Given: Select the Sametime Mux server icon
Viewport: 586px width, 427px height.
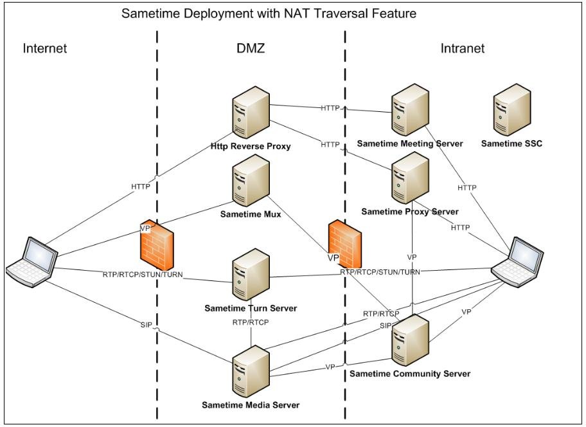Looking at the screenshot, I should coord(251,181).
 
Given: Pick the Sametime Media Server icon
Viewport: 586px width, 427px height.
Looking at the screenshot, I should coord(251,372).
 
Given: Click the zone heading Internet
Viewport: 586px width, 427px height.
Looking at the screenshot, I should coord(45,48).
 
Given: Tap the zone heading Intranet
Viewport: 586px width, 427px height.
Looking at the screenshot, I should coord(463,48).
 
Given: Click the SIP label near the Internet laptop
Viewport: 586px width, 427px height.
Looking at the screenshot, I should coord(146,325).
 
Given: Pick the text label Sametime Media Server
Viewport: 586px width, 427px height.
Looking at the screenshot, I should coord(251,405).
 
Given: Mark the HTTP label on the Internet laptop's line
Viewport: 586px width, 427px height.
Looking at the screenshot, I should coord(141,187).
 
